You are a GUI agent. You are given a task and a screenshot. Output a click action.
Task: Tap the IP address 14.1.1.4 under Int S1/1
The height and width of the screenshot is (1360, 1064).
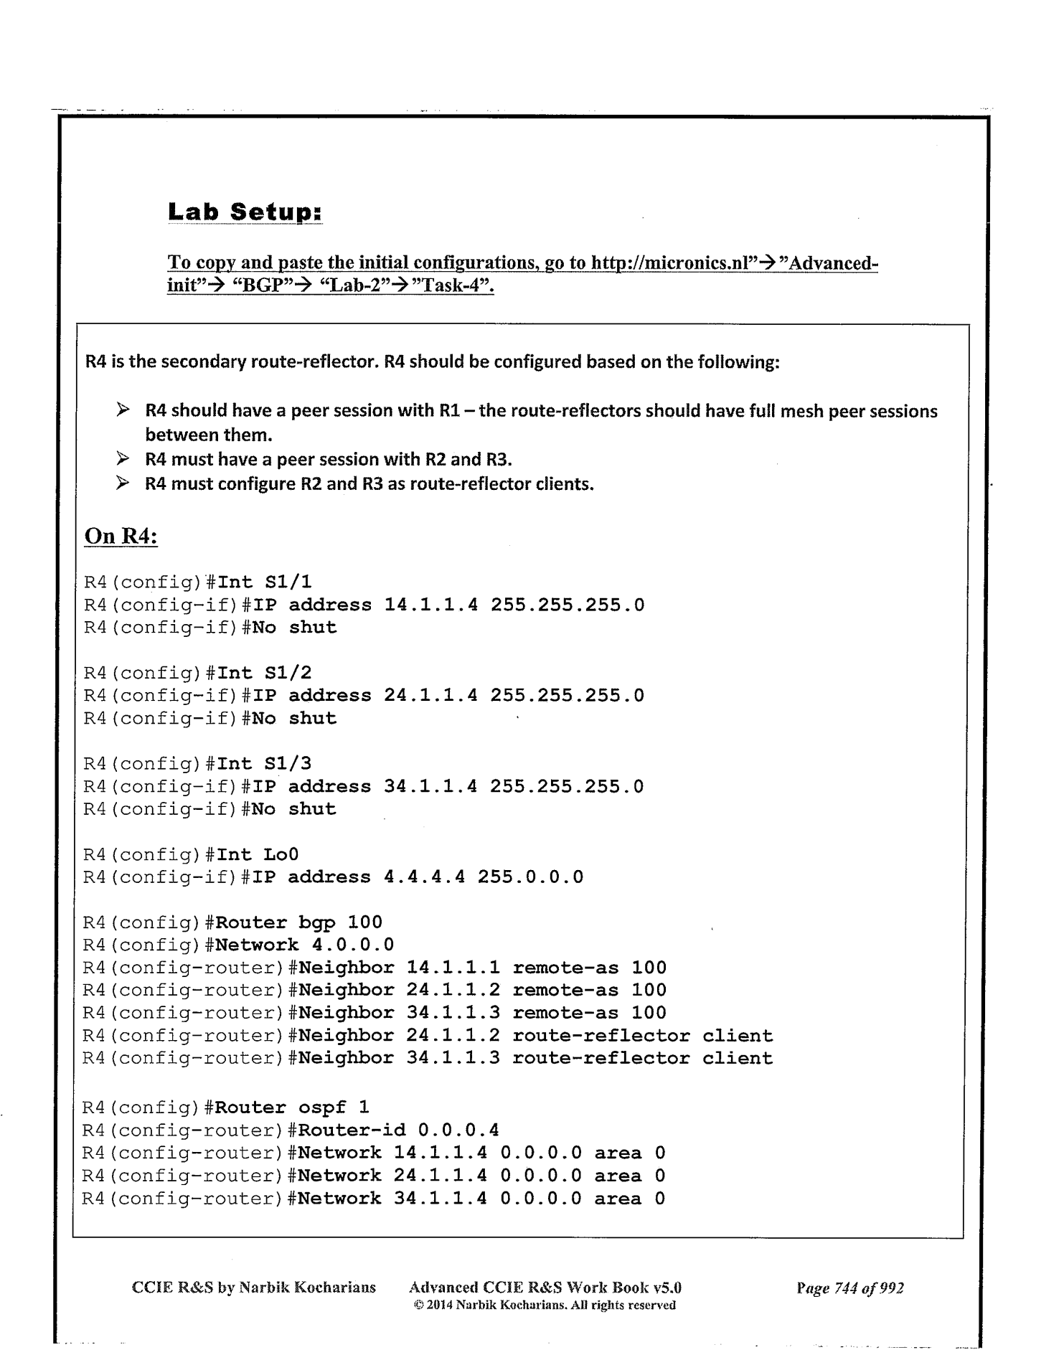click(430, 605)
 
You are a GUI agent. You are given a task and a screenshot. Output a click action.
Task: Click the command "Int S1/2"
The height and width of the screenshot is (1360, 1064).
click(264, 673)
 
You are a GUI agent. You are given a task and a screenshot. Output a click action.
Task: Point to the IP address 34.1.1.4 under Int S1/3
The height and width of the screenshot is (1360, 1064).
click(430, 786)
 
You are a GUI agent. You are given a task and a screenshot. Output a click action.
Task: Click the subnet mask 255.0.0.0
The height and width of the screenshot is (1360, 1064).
click(530, 877)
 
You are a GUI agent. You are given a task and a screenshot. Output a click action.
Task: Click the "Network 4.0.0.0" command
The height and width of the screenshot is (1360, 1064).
click(304, 945)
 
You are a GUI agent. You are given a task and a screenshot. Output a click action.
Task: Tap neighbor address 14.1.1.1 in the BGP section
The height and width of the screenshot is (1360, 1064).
click(453, 968)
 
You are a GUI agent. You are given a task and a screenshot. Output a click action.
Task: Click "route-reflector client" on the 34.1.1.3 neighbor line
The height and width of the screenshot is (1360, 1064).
click(642, 1058)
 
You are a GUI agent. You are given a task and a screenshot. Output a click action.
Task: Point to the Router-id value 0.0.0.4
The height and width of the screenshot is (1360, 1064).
click(458, 1130)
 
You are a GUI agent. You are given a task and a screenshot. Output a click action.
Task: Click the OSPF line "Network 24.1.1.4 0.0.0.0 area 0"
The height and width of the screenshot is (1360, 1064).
click(481, 1176)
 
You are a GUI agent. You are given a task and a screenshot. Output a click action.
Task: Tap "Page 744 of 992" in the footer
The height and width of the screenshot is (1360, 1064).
click(849, 1288)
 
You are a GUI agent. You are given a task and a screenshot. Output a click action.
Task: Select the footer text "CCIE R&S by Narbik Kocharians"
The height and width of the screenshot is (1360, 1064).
click(254, 1288)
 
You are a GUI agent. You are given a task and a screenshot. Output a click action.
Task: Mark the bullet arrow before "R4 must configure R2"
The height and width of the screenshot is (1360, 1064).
click(123, 483)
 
